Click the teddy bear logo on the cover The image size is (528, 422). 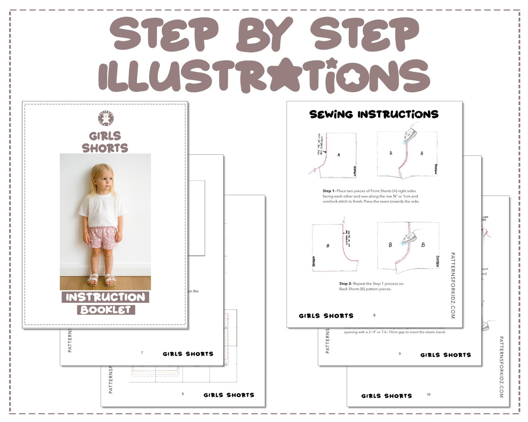coord(106,118)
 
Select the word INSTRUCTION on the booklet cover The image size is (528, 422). coord(106,297)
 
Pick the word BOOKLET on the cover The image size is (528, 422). coord(106,310)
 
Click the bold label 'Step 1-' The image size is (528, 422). coord(329,191)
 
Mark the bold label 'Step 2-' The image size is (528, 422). coord(345,284)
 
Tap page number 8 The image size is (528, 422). coord(374,315)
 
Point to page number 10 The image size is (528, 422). coord(428,395)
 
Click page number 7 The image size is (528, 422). coord(142,353)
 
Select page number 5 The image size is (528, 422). coord(183,394)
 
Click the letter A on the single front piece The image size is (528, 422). coord(338,155)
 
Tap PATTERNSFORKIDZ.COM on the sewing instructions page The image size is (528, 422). coord(453,285)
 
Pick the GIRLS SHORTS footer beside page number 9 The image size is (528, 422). coord(445,355)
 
